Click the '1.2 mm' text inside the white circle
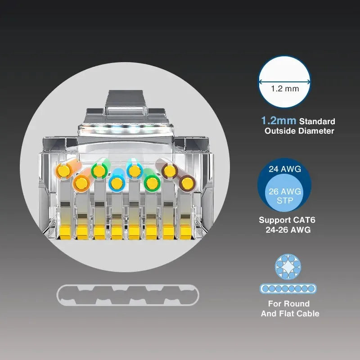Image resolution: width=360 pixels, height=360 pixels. point(285,89)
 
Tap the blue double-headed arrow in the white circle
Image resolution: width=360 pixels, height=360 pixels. point(284,81)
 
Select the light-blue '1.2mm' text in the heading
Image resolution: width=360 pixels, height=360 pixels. point(279,121)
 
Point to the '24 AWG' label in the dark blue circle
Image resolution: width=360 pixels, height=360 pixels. point(285,169)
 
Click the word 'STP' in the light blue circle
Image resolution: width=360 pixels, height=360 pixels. point(285,201)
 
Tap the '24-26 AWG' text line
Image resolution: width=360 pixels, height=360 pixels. point(288,230)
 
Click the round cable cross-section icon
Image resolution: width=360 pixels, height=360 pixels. point(288,266)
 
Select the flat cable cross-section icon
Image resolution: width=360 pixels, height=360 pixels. point(288,288)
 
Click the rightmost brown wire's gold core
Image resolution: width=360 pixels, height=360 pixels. point(187,183)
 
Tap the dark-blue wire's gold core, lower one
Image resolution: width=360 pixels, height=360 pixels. point(117,183)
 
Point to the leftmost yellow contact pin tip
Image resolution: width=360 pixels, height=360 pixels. point(65,232)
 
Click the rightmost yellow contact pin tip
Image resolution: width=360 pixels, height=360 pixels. point(186,232)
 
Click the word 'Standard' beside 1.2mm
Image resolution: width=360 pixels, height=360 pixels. point(317,121)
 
